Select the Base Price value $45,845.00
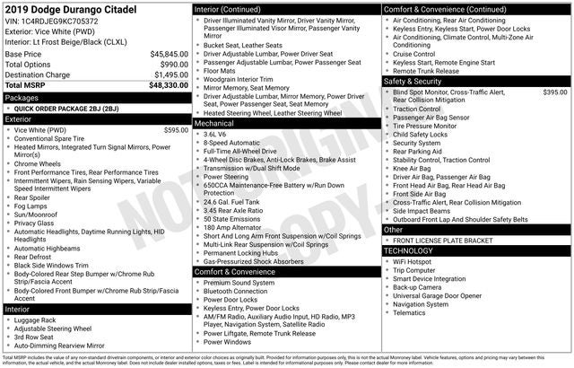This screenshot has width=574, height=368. pos(170,54)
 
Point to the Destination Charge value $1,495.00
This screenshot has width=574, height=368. pos(170,75)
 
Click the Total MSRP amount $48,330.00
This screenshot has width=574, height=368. pos(169,86)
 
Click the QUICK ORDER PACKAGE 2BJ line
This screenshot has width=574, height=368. pos(66,108)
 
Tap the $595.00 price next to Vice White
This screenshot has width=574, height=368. pos(176,130)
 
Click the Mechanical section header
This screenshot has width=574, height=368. pos(214,123)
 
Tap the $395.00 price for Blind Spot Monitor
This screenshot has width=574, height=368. pos(554,92)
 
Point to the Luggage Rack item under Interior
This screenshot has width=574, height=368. pos(35,320)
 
